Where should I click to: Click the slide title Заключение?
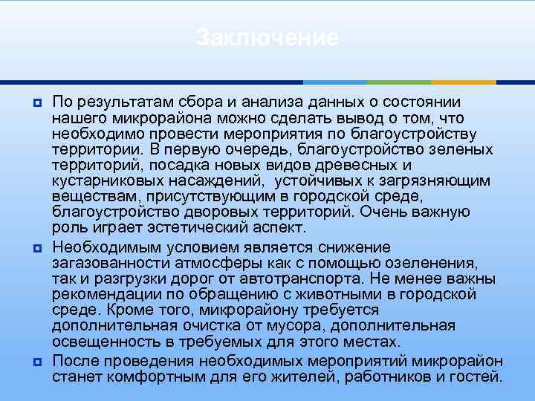267,38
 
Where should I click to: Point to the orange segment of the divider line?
464,82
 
